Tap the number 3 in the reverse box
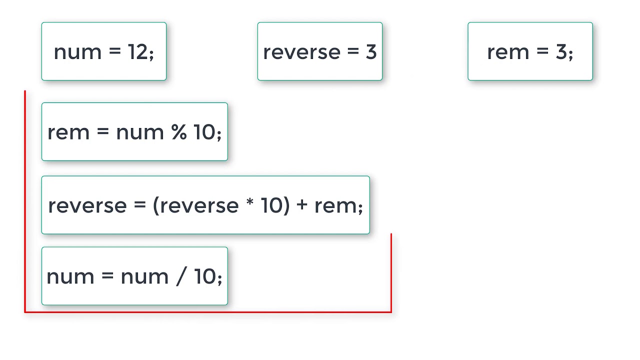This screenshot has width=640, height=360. coord(370,52)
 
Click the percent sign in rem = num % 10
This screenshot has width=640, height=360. coord(178,132)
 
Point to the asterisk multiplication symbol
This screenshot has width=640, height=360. coord(250,203)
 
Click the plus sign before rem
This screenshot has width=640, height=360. coord(301,205)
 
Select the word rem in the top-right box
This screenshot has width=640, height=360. coord(508,52)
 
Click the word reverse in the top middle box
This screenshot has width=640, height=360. coord(301,52)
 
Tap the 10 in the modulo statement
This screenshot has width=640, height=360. coord(204,132)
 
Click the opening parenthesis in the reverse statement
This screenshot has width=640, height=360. coord(155,205)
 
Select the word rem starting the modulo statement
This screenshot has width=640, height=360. coord(68,132)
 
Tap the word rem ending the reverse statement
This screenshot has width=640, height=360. coord(335,205)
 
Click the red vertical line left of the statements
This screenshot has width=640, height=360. coord(25,200)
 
